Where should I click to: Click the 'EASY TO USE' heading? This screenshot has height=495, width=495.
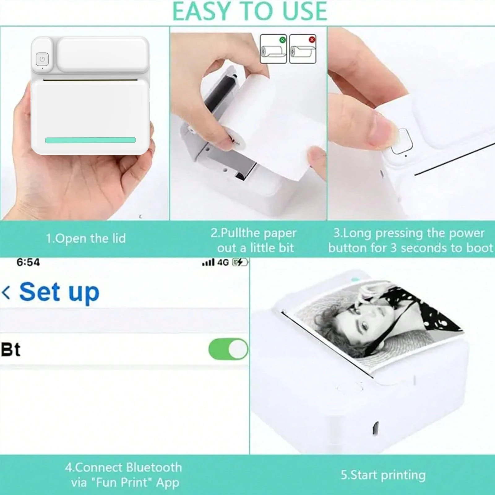(x=249, y=11)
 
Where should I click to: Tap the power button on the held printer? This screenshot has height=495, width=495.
(x=42, y=59)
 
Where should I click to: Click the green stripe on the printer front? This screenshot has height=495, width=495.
(x=90, y=140)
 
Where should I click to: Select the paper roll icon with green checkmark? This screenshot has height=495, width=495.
(x=273, y=49)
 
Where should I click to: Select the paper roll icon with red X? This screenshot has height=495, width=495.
(x=303, y=49)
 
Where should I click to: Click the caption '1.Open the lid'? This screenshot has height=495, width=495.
(x=86, y=239)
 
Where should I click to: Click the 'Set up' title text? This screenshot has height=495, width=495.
(x=59, y=292)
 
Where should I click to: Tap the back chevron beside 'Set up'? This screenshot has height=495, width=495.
(x=6, y=292)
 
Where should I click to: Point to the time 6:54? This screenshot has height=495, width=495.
(x=28, y=262)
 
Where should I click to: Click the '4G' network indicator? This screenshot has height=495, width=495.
(x=223, y=263)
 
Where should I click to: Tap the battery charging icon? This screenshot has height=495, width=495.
(x=240, y=263)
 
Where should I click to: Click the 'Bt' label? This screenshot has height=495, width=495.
(x=11, y=350)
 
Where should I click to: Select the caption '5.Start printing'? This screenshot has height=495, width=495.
(x=383, y=475)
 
